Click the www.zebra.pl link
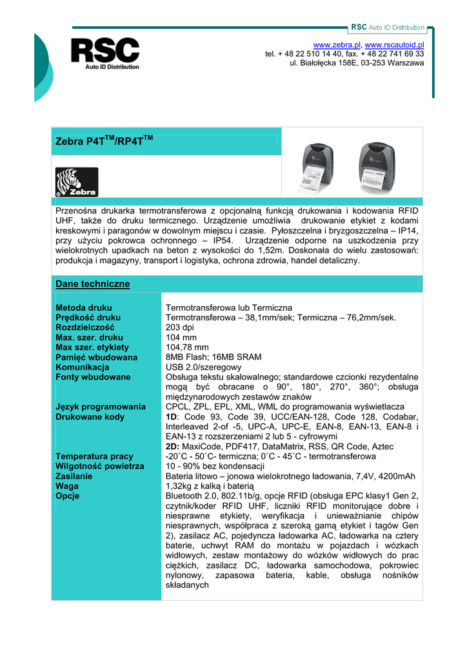(341, 44)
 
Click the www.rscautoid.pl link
(394, 44)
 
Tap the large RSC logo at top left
(105, 53)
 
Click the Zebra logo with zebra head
(77, 182)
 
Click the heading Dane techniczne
(93, 284)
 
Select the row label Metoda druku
(84, 308)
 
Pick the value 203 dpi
(181, 327)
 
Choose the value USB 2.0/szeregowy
(203, 367)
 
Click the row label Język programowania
(101, 407)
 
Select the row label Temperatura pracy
(94, 456)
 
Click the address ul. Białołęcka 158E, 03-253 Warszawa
(357, 63)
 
